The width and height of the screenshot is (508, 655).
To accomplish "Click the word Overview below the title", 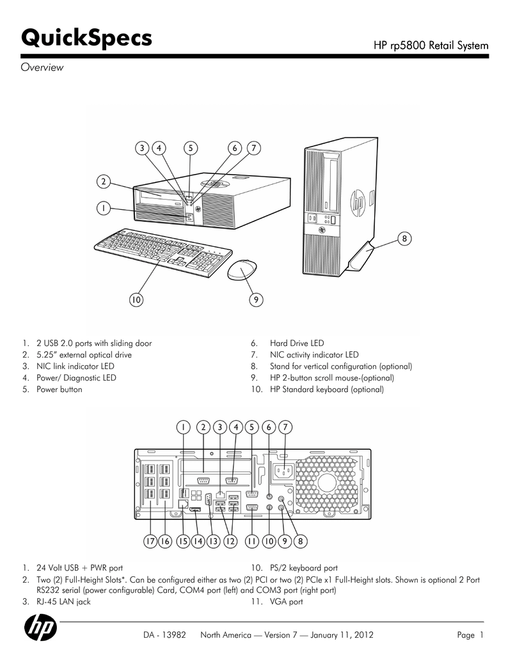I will tap(42, 68).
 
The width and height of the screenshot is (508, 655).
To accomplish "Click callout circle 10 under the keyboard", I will tap(136, 298).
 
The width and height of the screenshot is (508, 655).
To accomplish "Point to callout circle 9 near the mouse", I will tap(255, 298).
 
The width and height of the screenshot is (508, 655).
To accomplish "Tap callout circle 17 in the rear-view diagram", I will tap(150, 541).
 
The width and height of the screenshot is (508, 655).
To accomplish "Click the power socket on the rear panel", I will tap(282, 472).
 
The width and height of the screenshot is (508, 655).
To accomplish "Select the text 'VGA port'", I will tap(287, 602).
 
